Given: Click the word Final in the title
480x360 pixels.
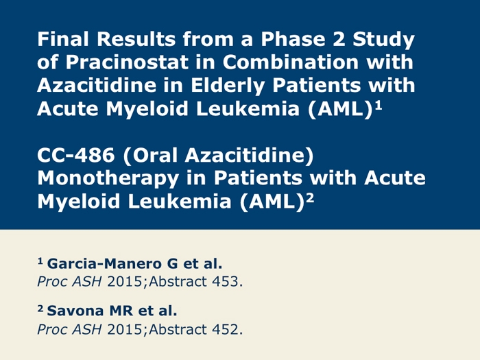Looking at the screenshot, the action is pos(63,39).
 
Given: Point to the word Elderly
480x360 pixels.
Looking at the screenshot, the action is pos(228,86).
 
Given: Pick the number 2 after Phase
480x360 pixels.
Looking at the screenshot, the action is pos(339,39).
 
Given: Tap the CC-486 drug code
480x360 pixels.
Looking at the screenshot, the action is pos(76,155).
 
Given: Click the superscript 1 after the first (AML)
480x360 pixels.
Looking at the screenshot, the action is pos(379,106).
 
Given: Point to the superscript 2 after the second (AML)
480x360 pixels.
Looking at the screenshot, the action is pos(310,198).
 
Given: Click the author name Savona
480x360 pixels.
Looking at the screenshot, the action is pos(75,311).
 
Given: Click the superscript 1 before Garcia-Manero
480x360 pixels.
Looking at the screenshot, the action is pos(40,261).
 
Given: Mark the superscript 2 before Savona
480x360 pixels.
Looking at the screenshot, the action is pos(40,309).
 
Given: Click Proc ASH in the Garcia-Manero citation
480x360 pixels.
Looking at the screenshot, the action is pos(69,282).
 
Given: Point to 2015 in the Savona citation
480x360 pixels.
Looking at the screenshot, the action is pos(125,329).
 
